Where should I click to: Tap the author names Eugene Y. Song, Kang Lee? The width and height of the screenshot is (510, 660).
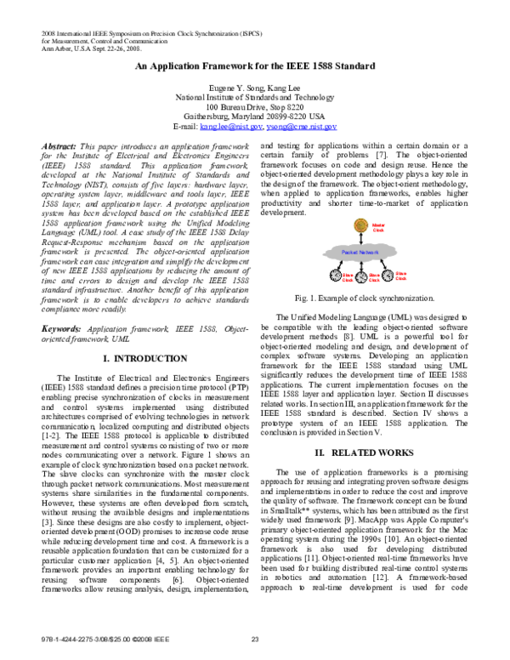[x=255, y=88]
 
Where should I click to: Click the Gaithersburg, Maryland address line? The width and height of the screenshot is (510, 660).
[x=255, y=117]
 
